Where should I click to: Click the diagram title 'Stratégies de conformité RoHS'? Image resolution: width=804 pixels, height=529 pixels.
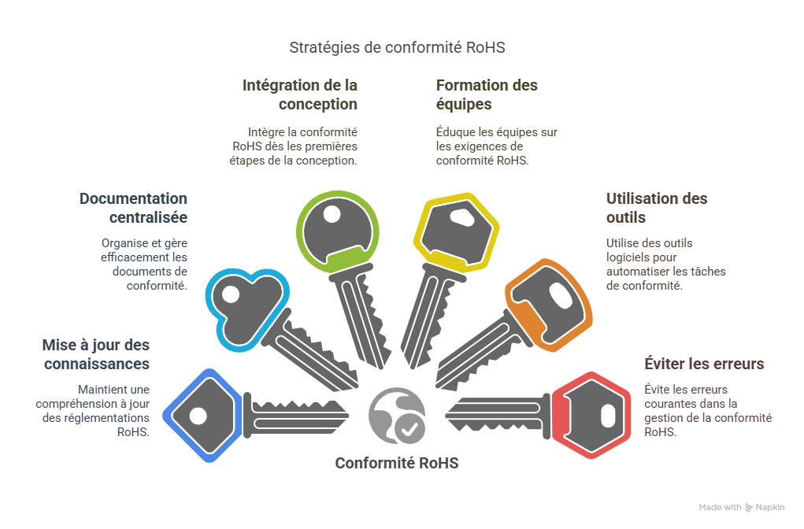point(397,47)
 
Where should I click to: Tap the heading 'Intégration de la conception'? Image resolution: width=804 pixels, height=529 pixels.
point(300,94)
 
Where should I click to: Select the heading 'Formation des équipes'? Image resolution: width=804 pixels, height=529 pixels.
point(487,94)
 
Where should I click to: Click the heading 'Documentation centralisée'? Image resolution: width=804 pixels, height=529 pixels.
point(133,208)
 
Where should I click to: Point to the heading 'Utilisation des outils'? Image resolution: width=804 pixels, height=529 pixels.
point(656,208)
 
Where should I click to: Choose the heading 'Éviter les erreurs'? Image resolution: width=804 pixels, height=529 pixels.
point(704,364)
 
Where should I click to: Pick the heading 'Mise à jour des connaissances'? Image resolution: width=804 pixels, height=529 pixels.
point(95,355)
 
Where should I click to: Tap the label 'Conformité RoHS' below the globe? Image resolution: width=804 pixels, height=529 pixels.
point(397,463)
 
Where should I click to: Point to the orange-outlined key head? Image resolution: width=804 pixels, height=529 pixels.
point(550,303)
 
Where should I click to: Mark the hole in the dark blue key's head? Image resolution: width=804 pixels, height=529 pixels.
point(198,415)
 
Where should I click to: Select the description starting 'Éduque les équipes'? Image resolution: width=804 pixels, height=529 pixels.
point(496,146)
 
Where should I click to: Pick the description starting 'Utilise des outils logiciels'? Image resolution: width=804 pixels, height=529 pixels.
point(665,264)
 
